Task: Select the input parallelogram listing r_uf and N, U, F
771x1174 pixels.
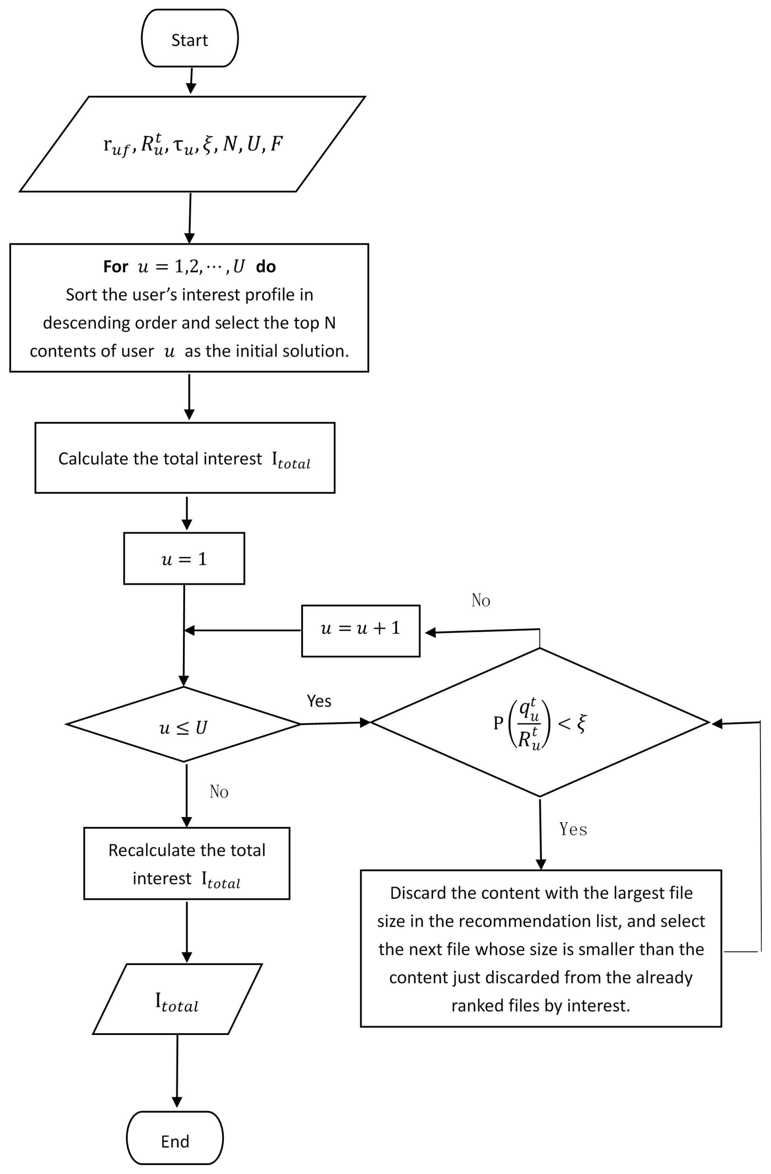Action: (x=192, y=144)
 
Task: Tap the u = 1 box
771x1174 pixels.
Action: (x=184, y=559)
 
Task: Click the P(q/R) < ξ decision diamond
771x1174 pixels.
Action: (x=539, y=723)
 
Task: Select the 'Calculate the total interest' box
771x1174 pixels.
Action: (x=185, y=458)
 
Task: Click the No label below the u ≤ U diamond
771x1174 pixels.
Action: (x=219, y=791)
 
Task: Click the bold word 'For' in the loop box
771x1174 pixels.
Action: (x=115, y=267)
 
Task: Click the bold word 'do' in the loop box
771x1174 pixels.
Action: (x=266, y=267)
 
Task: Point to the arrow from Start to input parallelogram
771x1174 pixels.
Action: (x=191, y=80)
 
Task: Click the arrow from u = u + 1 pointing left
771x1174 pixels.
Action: (x=242, y=630)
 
